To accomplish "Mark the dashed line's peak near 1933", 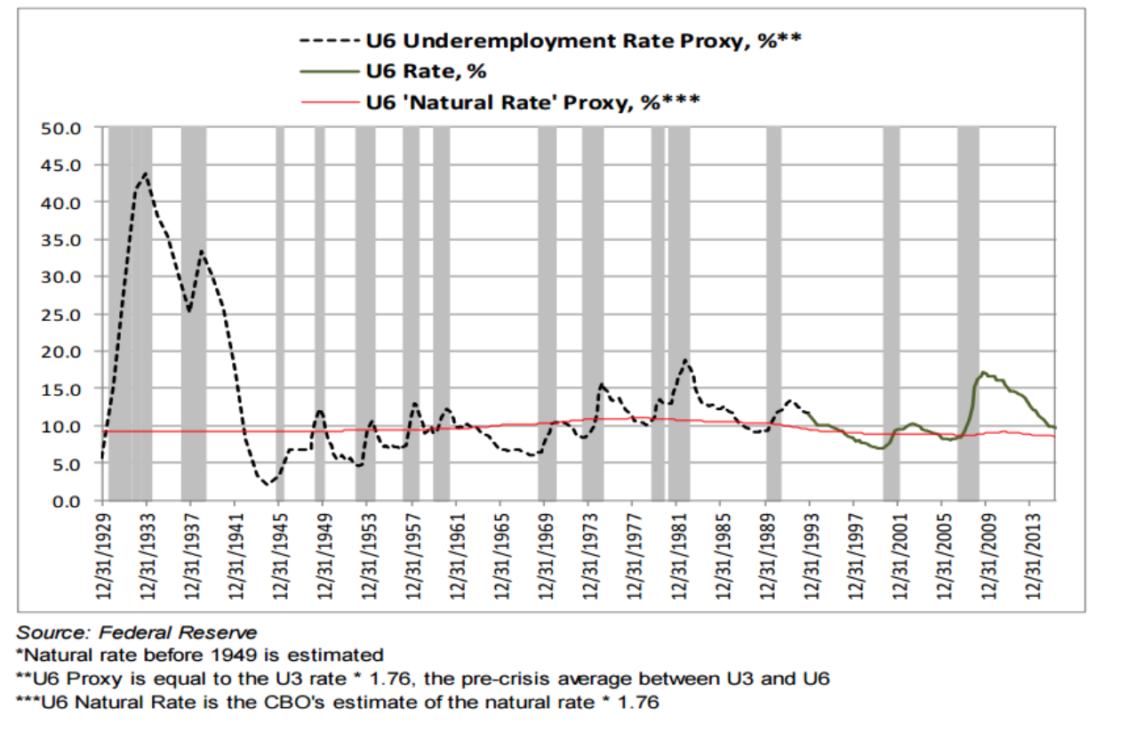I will pyautogui.click(x=145, y=174).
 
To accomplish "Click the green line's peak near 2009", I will pyautogui.click(x=983, y=373).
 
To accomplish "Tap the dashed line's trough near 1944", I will pyautogui.click(x=266, y=485).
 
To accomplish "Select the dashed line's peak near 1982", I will pyautogui.click(x=685, y=360).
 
